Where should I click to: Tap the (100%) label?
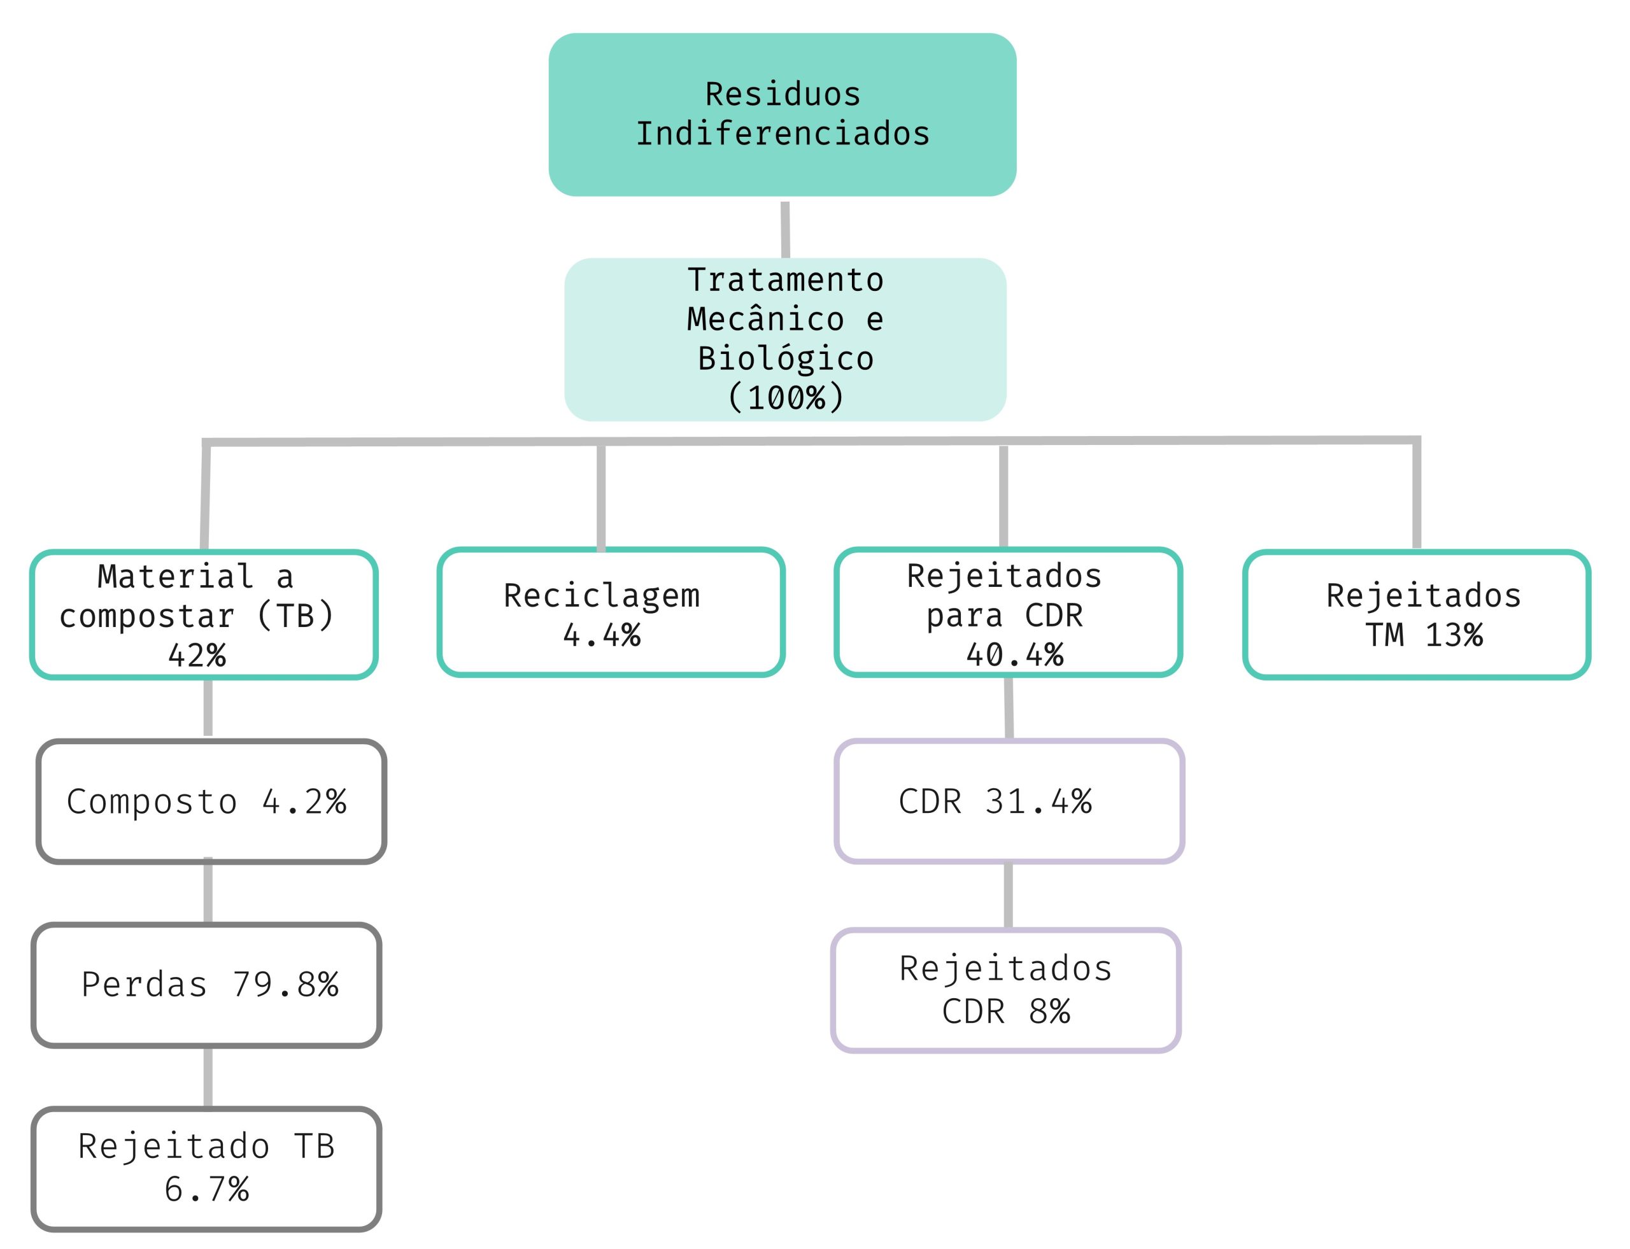[785, 397]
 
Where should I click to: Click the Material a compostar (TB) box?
[203, 614]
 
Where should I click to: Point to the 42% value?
[196, 655]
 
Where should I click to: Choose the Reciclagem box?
[611, 612]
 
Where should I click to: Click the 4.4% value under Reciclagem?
[602, 635]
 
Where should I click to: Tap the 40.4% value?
[1014, 654]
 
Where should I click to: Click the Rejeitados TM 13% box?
[1416, 614]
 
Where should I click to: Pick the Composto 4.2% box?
[211, 801]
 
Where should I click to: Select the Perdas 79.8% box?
[206, 984]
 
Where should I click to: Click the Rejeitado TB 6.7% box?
[206, 1168]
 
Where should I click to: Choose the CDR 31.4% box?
[1009, 801]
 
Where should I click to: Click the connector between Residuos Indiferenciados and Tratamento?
[785, 229]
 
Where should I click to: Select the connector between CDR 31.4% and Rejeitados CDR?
[1009, 896]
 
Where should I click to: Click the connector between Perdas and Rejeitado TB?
[208, 1076]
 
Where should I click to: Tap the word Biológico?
[785, 358]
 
